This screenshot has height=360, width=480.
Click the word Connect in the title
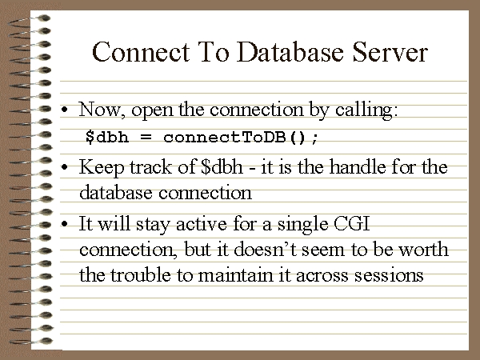(x=141, y=52)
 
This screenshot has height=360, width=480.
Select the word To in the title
(x=214, y=52)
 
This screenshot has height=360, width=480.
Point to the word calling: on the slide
(x=366, y=110)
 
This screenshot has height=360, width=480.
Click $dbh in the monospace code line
(x=107, y=137)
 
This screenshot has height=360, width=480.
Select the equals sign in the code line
(x=146, y=137)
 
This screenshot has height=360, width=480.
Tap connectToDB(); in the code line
(x=241, y=137)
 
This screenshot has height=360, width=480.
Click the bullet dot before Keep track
(x=64, y=167)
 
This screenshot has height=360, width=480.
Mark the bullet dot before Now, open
(x=64, y=110)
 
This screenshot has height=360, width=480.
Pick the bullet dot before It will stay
(x=64, y=224)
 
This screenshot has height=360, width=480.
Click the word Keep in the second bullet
(x=102, y=168)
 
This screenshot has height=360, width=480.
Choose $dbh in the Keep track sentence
(x=222, y=167)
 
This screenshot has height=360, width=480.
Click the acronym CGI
(x=351, y=224)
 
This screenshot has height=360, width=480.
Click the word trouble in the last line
(x=140, y=274)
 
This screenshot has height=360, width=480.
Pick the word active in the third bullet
(x=201, y=224)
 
